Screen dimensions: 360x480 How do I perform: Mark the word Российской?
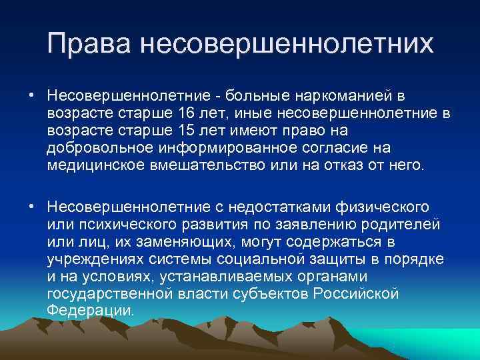tap(359, 293)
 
